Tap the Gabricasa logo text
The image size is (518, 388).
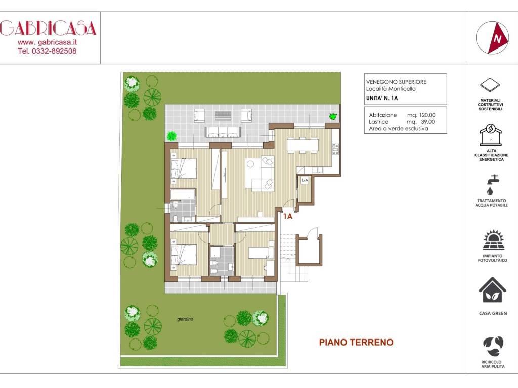(48, 28)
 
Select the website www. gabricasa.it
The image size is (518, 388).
(48, 42)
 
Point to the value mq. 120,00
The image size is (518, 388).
(420, 115)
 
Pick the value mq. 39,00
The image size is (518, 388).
(420, 122)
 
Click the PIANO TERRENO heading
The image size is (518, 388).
(356, 343)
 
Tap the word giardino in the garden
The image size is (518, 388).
(186, 319)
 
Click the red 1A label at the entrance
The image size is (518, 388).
(288, 216)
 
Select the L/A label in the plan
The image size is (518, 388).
(305, 180)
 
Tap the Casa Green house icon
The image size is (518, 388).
(493, 292)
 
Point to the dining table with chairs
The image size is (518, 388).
(303, 145)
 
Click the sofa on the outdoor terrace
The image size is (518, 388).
(221, 132)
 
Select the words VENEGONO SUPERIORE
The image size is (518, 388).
(396, 82)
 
